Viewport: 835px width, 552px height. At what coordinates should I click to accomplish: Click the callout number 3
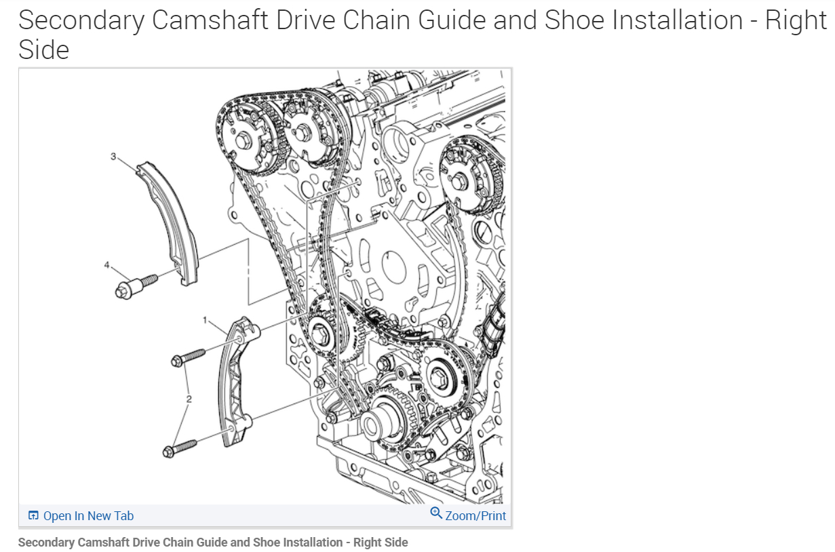pos(113,157)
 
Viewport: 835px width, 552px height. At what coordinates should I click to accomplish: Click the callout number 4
pos(106,264)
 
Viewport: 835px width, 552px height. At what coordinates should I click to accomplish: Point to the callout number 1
pos(203,319)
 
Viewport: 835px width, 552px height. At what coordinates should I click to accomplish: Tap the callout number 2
pos(189,399)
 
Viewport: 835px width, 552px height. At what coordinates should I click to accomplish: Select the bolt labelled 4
pos(133,285)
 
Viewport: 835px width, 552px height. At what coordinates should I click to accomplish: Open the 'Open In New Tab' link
pos(88,516)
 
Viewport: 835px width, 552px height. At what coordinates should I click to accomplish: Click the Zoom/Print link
pos(475,516)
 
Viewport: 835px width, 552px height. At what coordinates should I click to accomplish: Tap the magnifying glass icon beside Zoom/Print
pos(436,513)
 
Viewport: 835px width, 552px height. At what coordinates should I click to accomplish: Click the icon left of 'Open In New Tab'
pos(33,516)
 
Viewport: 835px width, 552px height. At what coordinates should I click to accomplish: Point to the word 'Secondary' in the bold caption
pos(46,543)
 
